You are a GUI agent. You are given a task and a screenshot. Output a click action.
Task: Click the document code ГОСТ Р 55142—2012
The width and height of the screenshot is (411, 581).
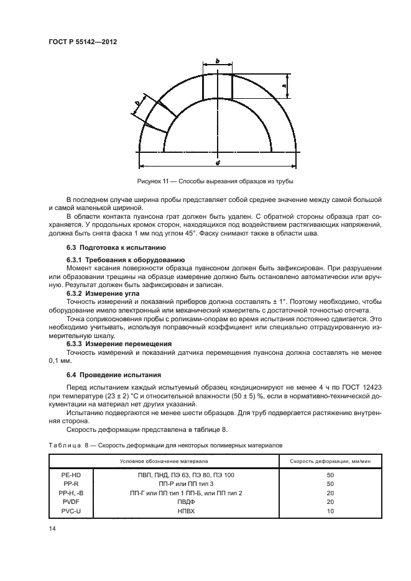pos(83,41)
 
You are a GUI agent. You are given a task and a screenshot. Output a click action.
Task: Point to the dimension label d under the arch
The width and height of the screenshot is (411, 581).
pos(218,163)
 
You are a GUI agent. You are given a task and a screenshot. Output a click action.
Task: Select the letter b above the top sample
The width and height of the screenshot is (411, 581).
pos(217,61)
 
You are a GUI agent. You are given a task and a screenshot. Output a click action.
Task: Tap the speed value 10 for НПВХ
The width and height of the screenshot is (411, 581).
pos(330,510)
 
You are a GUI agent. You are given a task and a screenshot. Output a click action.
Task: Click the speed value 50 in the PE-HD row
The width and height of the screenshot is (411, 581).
pos(330,475)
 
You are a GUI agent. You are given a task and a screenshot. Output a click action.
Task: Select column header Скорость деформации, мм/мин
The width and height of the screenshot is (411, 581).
pos(330,461)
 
